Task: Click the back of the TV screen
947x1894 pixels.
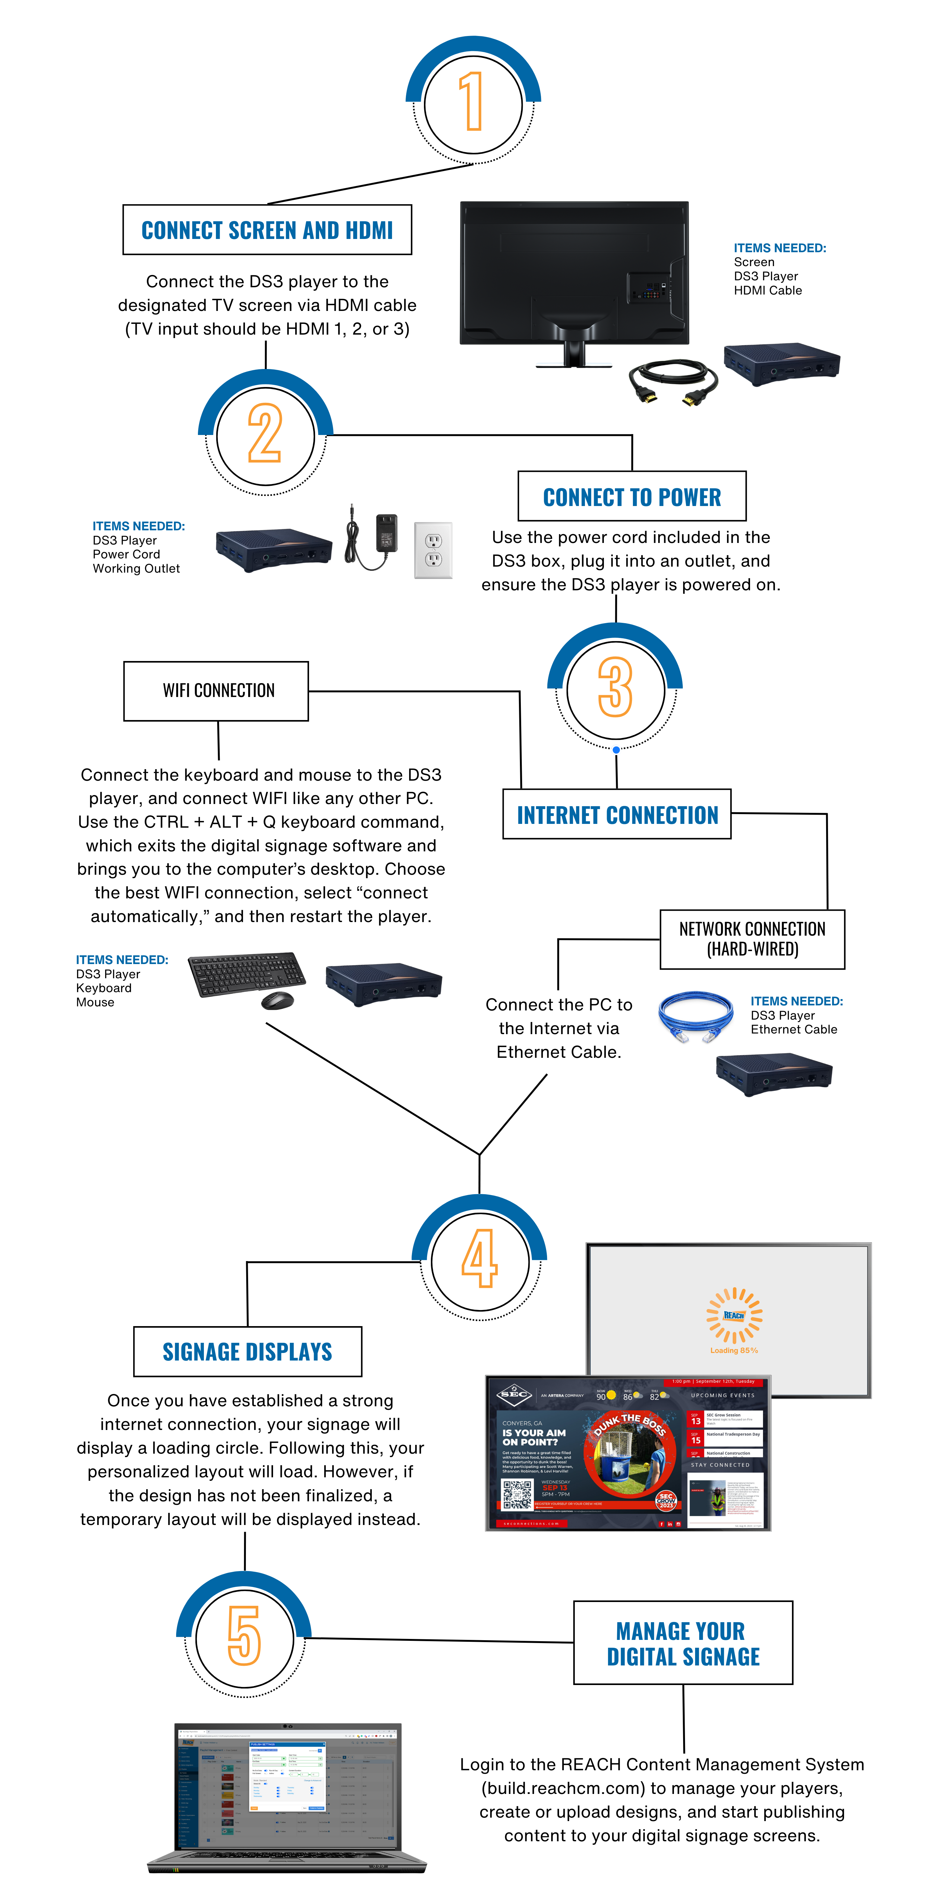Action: pos(574,272)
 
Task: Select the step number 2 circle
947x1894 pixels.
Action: pos(265,435)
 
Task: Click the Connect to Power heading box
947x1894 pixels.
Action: pos(632,496)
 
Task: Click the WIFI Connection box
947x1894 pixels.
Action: pos(216,690)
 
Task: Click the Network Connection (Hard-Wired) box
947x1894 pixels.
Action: pos(752,939)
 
